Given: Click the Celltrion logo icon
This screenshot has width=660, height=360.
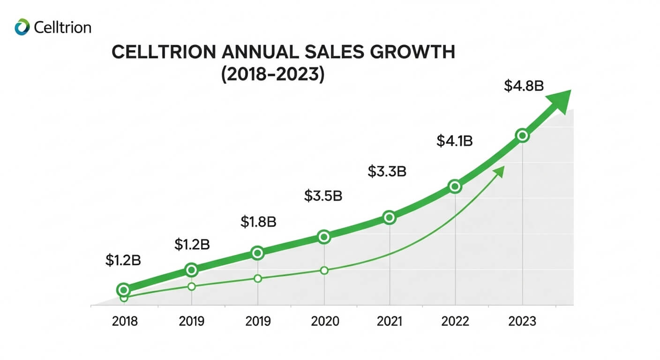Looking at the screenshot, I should (22, 27).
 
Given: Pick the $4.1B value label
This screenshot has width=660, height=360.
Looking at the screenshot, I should (454, 141).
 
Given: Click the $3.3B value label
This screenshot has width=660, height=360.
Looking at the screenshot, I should (387, 172).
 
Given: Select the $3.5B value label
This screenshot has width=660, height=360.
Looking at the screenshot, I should (323, 195).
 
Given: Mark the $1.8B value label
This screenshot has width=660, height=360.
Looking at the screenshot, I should (258, 222).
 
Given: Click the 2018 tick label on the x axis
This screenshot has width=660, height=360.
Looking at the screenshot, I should (125, 322).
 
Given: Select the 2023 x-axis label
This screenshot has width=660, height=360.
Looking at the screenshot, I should (522, 322).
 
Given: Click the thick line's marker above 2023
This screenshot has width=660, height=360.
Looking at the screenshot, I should (522, 136).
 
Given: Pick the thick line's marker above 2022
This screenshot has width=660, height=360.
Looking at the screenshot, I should (455, 187).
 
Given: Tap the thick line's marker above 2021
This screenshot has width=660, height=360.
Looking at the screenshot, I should (389, 217).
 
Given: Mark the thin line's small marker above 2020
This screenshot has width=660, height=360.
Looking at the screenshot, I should (324, 270).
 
